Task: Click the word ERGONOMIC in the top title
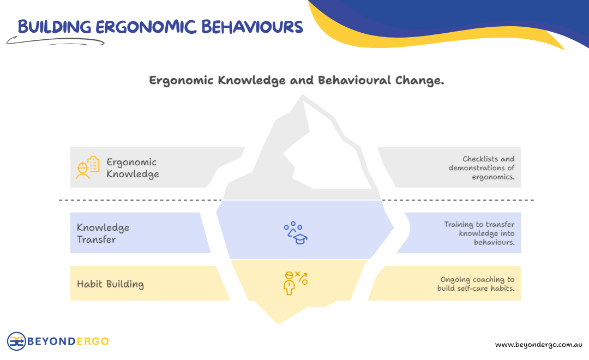146,26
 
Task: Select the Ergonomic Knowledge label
133,168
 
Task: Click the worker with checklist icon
87,167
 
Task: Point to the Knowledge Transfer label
103,233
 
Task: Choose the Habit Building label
110,284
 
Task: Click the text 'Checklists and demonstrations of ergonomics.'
482,168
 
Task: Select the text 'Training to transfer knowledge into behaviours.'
479,233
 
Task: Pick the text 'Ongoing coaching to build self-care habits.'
476,284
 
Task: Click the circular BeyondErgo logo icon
16,341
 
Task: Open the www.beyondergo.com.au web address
539,345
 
